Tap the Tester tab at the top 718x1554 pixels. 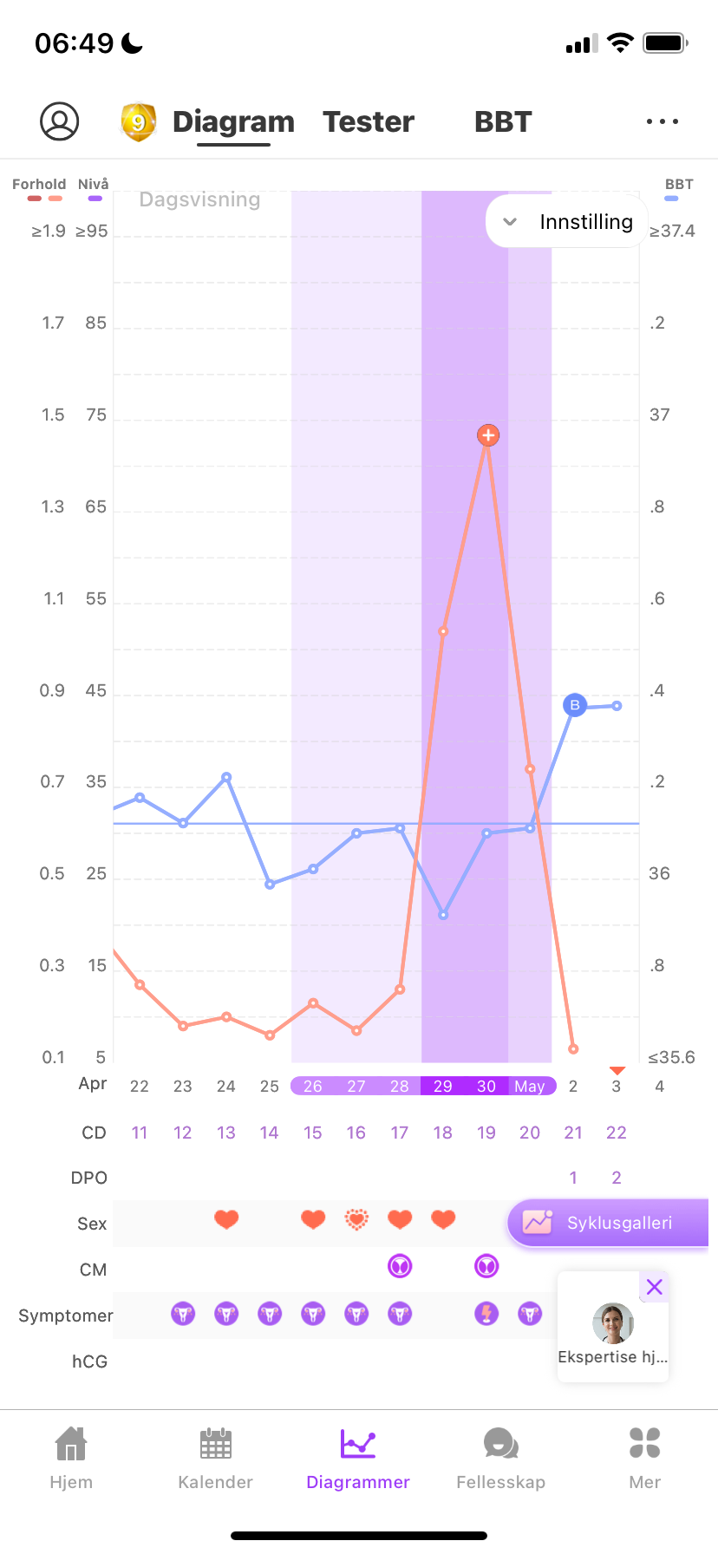[x=369, y=122]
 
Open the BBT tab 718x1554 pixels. [x=503, y=122]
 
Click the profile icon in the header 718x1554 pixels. [x=60, y=121]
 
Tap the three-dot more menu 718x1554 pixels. [x=663, y=121]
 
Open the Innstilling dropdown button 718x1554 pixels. [x=569, y=222]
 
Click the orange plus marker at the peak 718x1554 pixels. [x=488, y=435]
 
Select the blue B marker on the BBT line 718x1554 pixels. [x=575, y=705]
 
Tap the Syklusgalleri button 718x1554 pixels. [x=608, y=1223]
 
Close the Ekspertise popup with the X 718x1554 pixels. [x=655, y=1287]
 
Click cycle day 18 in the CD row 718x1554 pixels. [x=443, y=1133]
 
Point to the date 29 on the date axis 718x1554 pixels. [x=443, y=1087]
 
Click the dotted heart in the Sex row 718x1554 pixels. [x=356, y=1220]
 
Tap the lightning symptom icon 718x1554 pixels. [x=486, y=1314]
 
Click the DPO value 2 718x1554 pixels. [x=617, y=1178]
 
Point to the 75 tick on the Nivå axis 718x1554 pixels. [x=96, y=415]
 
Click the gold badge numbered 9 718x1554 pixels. [x=138, y=122]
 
